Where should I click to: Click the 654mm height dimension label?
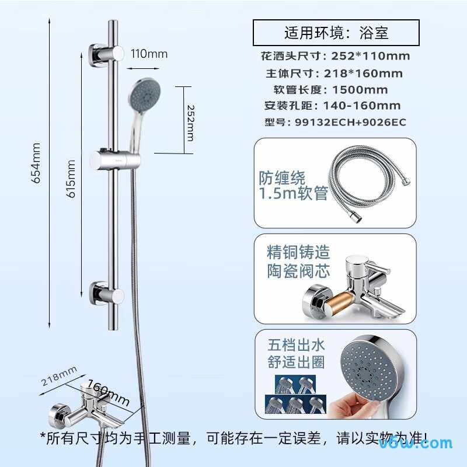coord(36,163)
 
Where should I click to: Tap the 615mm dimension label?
coord(71,179)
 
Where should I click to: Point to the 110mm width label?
coord(149,54)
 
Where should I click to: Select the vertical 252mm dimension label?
coord(190,123)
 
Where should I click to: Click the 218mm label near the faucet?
coord(59,376)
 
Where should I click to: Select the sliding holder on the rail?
coord(114,160)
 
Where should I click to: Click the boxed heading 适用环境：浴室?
coord(336,33)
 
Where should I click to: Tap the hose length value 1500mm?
coord(360,90)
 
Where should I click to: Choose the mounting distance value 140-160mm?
coord(362,106)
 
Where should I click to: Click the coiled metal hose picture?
coord(370,182)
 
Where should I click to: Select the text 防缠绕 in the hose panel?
coord(282,178)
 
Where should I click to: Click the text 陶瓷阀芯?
coord(298,271)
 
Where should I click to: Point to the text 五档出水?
coord(296,345)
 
